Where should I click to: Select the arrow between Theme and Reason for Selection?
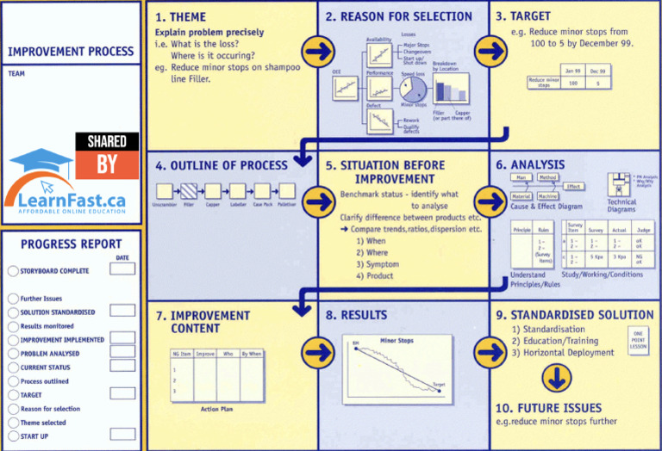[x=319, y=52]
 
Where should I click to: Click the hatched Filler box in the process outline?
[x=188, y=190]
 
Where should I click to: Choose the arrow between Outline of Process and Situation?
[x=319, y=201]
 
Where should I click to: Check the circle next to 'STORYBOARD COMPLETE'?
[x=12, y=271]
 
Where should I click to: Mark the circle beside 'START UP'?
[x=12, y=436]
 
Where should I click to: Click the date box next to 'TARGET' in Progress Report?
[x=122, y=394]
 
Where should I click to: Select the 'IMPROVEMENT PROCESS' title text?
[x=71, y=51]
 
